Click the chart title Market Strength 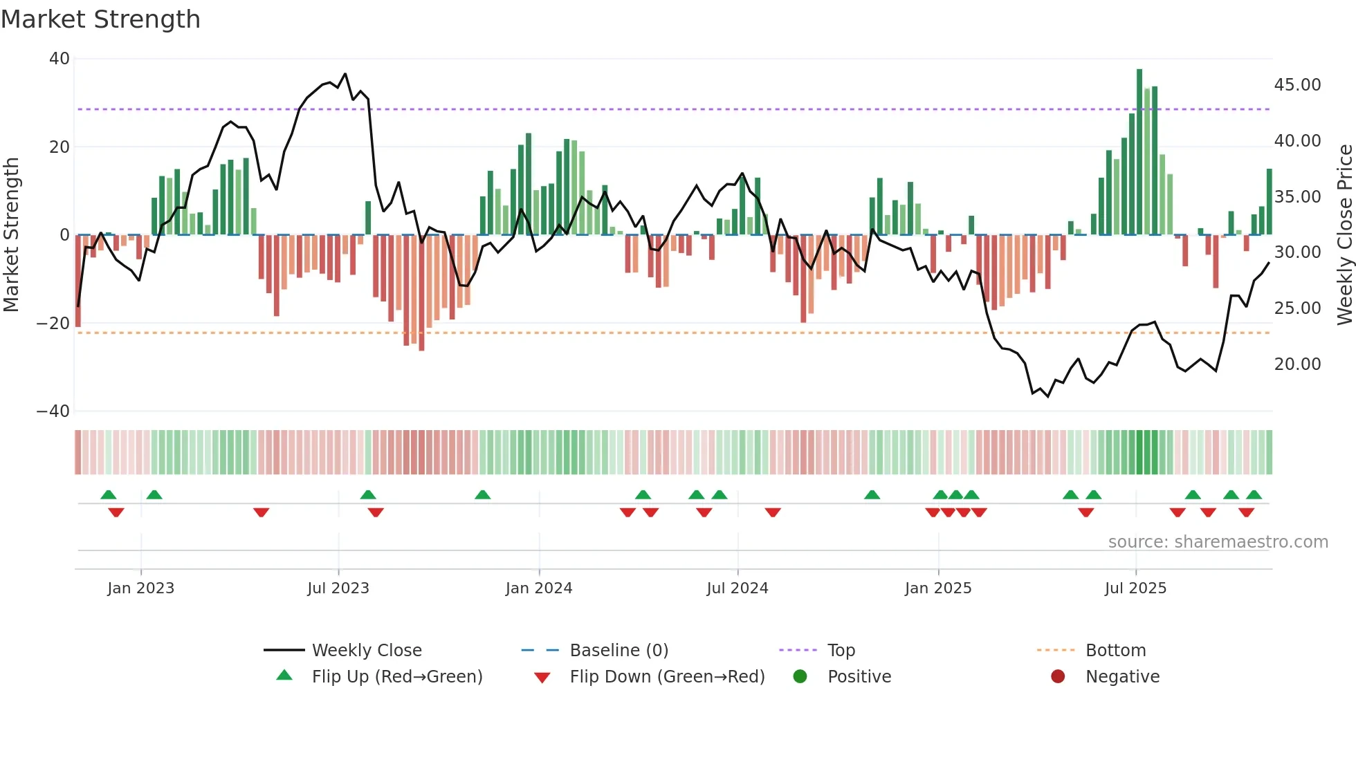point(100,19)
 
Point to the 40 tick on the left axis point(59,59)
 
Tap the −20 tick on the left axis point(53,323)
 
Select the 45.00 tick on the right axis point(1297,85)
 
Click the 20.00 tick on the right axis point(1297,364)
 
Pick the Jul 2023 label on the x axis point(338,588)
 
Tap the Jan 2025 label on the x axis point(938,588)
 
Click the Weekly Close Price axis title point(1344,235)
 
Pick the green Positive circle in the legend point(800,677)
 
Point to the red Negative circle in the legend point(1058,677)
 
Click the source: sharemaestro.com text point(1218,542)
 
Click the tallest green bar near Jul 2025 point(1139,152)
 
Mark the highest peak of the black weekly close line point(345,74)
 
